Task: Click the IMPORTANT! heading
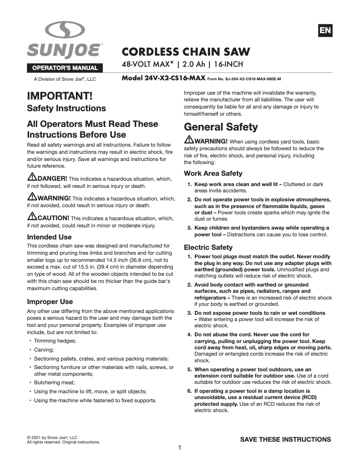(60, 96)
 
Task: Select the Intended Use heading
(49, 237)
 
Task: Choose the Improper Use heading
(50, 301)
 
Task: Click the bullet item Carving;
(44, 349)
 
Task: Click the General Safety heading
(221, 127)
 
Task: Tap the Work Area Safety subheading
(213, 174)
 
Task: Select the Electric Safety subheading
(208, 247)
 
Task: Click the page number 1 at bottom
(180, 448)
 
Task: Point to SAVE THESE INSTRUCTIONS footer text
(285, 439)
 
